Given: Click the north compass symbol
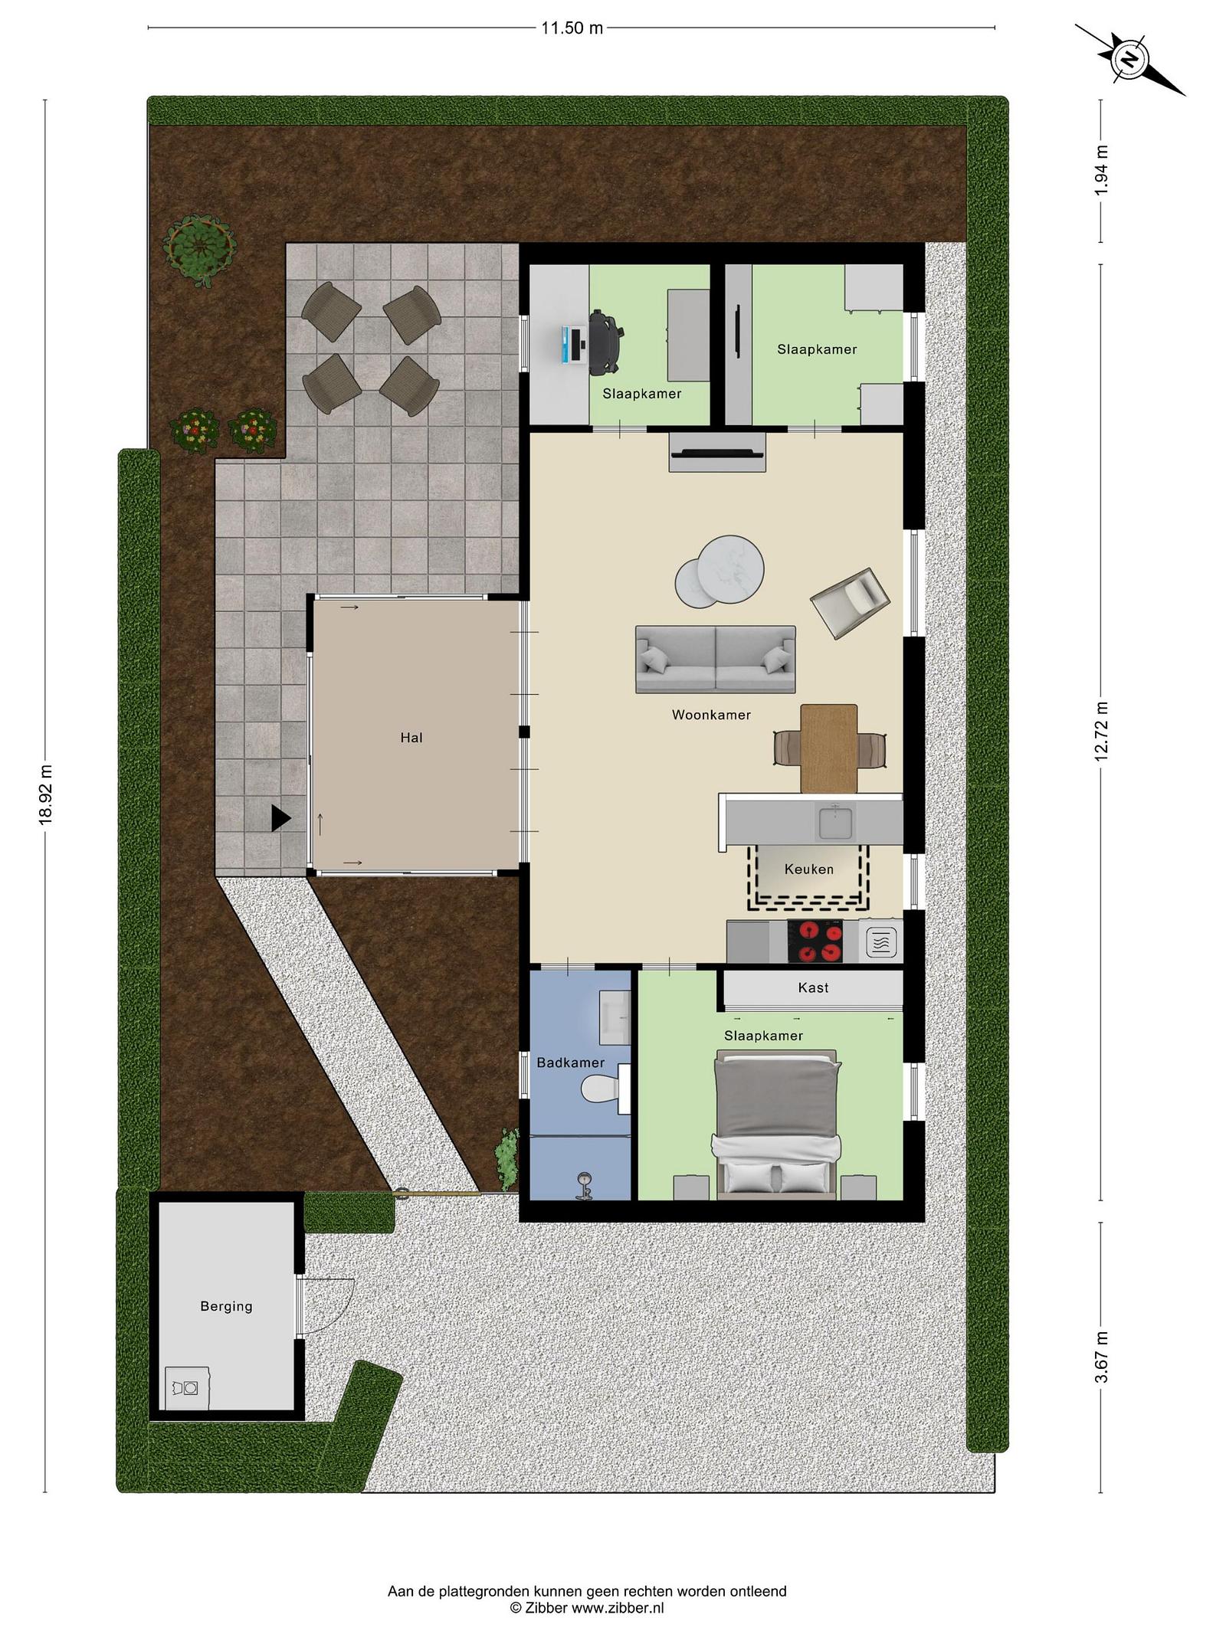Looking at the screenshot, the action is [1130, 59].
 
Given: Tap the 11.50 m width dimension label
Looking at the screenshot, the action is [572, 28].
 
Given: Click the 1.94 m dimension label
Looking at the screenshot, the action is [1101, 169].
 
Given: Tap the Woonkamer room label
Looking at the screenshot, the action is [711, 715].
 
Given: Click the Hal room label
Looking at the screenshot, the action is [411, 738].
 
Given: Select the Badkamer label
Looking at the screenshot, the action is [570, 1063].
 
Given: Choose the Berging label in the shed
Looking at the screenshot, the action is [226, 1306].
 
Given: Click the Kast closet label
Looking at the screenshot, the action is [813, 987].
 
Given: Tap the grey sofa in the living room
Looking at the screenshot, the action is [715, 660].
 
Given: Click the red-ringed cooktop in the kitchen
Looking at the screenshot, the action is [815, 941].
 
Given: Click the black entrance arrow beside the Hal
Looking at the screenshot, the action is [280, 818].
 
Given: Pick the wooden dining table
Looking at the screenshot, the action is [828, 748].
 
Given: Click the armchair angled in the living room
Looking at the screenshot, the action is [850, 602].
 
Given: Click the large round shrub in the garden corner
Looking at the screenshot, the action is [199, 247].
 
